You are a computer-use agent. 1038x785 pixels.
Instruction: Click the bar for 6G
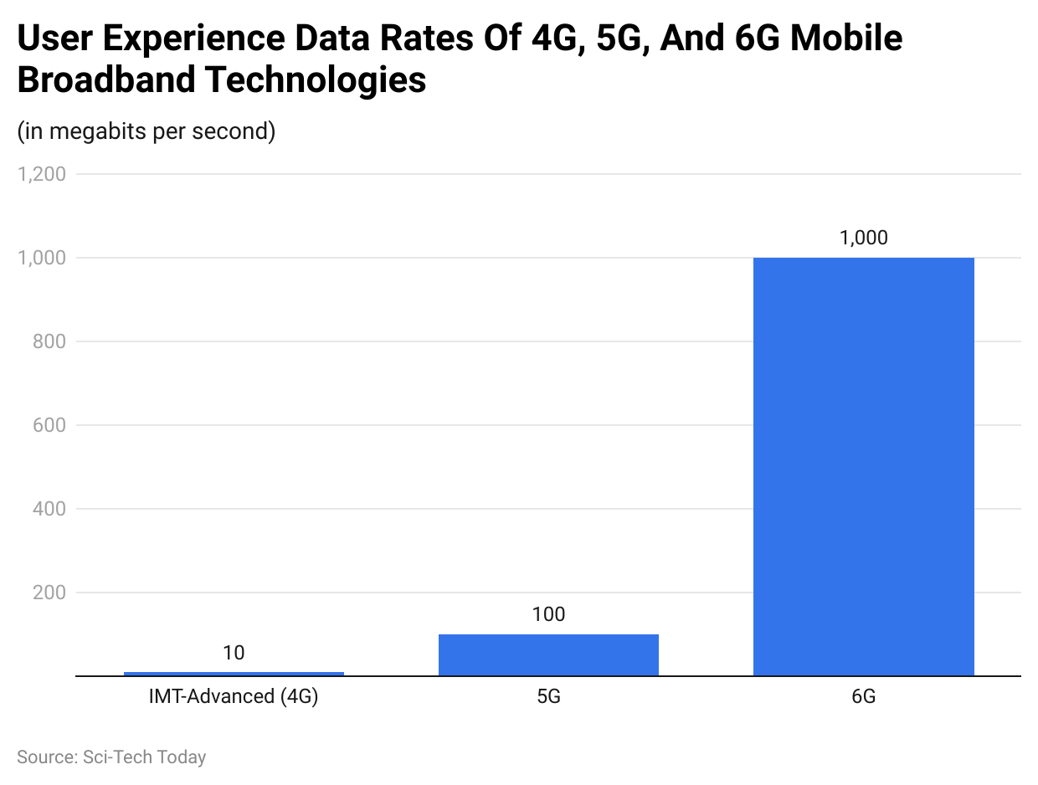[863, 466]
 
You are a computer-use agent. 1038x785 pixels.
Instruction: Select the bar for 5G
[548, 654]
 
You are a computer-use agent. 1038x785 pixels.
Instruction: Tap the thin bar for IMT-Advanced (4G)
[234, 674]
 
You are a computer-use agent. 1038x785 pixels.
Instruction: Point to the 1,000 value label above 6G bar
[863, 238]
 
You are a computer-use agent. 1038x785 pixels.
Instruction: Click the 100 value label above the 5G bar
[548, 614]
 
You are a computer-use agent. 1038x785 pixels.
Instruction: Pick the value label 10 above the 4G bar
[234, 653]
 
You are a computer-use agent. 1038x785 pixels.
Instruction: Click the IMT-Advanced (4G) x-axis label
[234, 696]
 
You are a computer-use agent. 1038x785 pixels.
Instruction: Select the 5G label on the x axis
[548, 696]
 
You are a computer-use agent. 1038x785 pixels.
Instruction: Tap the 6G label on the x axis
[863, 696]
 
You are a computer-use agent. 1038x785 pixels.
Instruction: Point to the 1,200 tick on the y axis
[41, 174]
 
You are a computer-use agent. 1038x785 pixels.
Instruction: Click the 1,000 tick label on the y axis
[41, 258]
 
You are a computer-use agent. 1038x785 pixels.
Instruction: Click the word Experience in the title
[185, 39]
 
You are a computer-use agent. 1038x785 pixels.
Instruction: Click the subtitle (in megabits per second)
[146, 131]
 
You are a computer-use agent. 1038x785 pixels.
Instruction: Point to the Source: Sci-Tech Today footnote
[111, 757]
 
